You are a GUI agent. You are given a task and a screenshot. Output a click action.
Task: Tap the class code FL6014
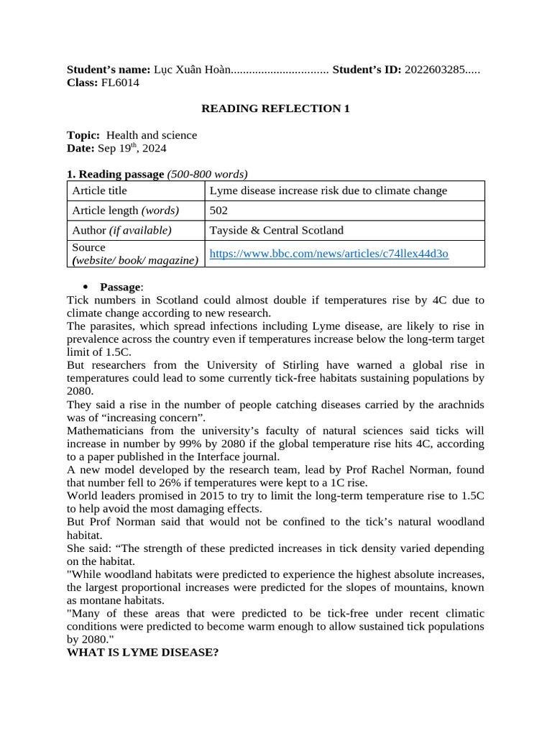click(x=120, y=83)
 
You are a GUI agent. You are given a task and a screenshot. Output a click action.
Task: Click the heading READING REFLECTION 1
click(x=275, y=109)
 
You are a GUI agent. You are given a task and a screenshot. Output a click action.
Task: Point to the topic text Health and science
click(x=152, y=135)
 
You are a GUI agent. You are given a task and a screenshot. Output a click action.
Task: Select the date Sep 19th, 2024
click(x=132, y=148)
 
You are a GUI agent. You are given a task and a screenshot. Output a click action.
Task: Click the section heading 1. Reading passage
click(x=115, y=174)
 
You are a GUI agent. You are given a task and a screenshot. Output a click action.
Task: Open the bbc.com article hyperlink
click(x=328, y=254)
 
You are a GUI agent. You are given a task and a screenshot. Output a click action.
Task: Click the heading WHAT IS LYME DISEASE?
click(x=142, y=652)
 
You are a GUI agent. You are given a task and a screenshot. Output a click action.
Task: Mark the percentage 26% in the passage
click(x=147, y=483)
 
